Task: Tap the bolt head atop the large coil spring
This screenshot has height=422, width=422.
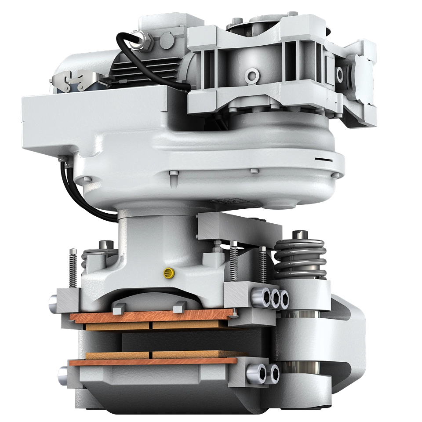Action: pos(302,233)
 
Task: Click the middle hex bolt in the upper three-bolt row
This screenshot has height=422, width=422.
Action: pos(276,298)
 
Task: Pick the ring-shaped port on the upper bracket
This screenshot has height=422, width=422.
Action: pos(252,76)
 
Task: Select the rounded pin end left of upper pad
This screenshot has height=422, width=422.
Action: pos(53,303)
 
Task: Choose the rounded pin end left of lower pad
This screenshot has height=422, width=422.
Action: pos(61,375)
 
